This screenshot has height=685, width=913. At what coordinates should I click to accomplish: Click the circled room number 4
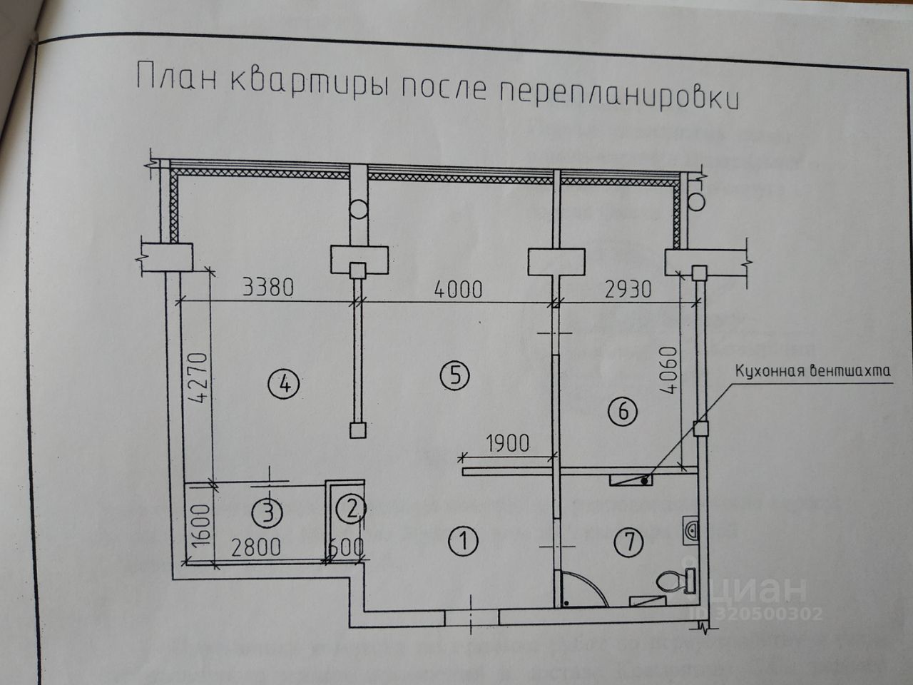coord(284,385)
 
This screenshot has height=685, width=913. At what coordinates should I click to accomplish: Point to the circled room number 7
coord(630,542)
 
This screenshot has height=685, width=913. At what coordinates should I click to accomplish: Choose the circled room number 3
coord(268,512)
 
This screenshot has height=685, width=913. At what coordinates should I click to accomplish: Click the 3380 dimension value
coord(267,288)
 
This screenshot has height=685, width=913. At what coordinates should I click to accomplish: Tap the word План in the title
coord(175,77)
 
